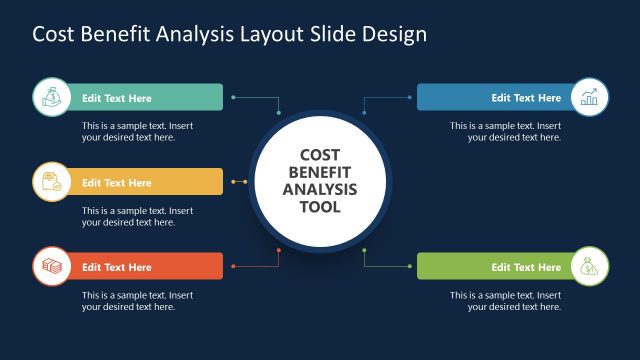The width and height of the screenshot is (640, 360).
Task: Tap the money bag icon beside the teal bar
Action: pos(50,97)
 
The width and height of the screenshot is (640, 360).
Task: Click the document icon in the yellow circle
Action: pos(50,182)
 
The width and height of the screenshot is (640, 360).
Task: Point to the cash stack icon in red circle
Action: pos(50,267)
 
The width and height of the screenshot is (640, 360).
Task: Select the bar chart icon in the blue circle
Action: pos(589,97)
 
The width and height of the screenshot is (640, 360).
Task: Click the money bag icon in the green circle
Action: pos(589,267)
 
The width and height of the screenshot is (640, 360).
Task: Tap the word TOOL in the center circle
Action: pos(319,207)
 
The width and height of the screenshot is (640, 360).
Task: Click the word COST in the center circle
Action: pos(320,155)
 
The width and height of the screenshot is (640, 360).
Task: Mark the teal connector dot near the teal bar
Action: pos(233,97)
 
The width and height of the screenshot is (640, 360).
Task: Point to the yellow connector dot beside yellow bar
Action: pos(233,182)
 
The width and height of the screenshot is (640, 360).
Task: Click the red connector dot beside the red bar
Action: pos(233,267)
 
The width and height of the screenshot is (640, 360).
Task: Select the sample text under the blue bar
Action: pos(505,132)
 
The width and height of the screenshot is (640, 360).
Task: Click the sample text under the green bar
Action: pos(505,301)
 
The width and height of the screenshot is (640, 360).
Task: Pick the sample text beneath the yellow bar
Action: pos(137,216)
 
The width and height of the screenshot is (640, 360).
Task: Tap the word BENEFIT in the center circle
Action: pos(320,172)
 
